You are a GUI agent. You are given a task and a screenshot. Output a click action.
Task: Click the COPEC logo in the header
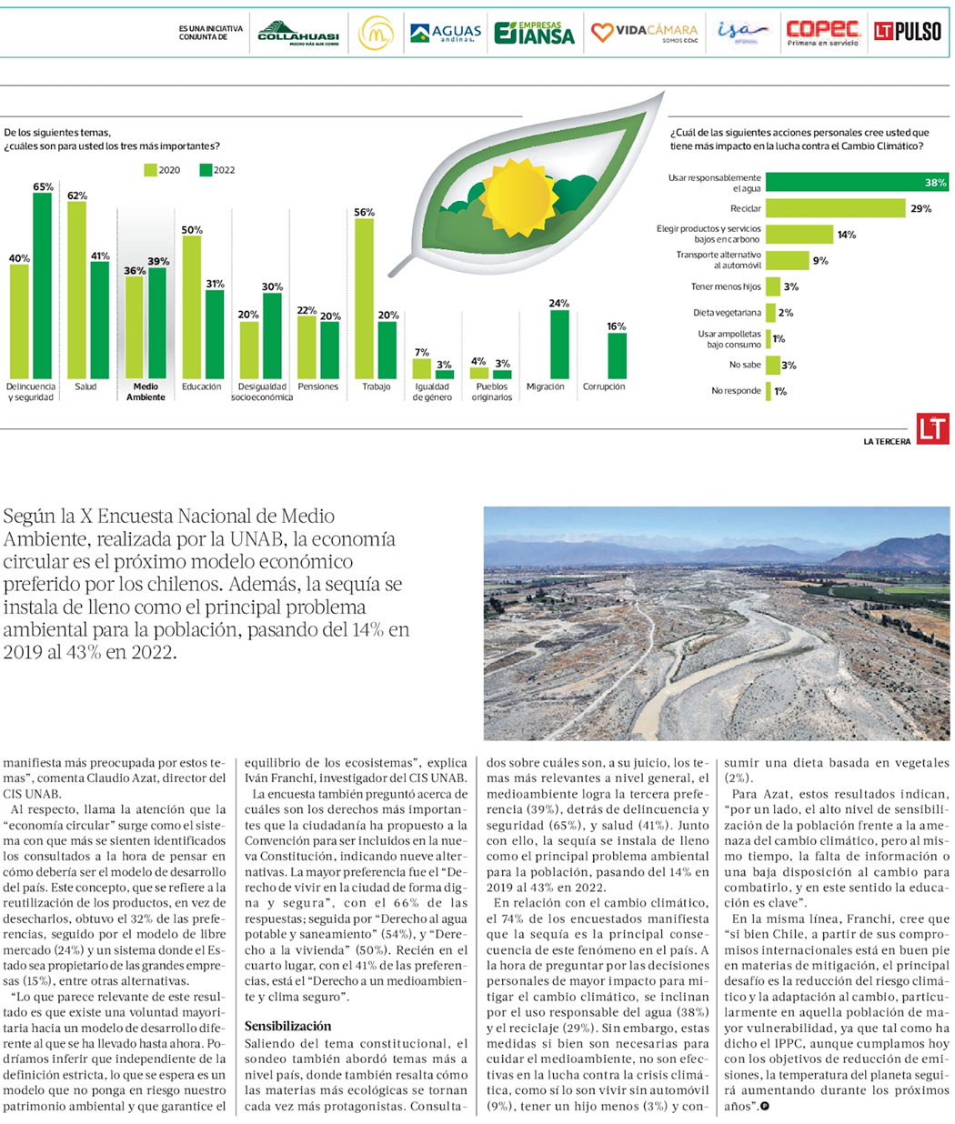pyautogui.click(x=822, y=33)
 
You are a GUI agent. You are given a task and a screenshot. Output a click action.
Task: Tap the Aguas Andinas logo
pyautogui.click(x=445, y=34)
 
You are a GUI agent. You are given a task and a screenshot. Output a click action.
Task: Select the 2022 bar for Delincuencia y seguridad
pyautogui.click(x=42, y=286)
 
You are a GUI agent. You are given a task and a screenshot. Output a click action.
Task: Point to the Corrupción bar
pyautogui.click(x=617, y=356)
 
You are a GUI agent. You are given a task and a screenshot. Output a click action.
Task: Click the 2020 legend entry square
pyautogui.click(x=150, y=170)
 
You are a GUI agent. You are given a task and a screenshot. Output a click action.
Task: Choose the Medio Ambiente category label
pyautogui.click(x=146, y=392)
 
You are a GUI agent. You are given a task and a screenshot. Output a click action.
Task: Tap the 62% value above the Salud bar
pyautogui.click(x=76, y=196)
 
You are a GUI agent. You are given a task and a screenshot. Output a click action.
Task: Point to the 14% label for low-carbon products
pyautogui.click(x=846, y=235)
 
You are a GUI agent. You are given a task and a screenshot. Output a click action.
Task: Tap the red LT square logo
pyautogui.click(x=932, y=429)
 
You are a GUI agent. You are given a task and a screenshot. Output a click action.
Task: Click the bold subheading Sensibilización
pyautogui.click(x=287, y=1026)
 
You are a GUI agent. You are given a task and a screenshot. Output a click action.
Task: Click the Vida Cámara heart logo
pyautogui.click(x=602, y=33)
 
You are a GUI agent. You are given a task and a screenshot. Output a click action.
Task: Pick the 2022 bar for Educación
pyautogui.click(x=215, y=334)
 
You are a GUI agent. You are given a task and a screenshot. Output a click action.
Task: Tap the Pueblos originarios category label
pyautogui.click(x=491, y=392)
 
